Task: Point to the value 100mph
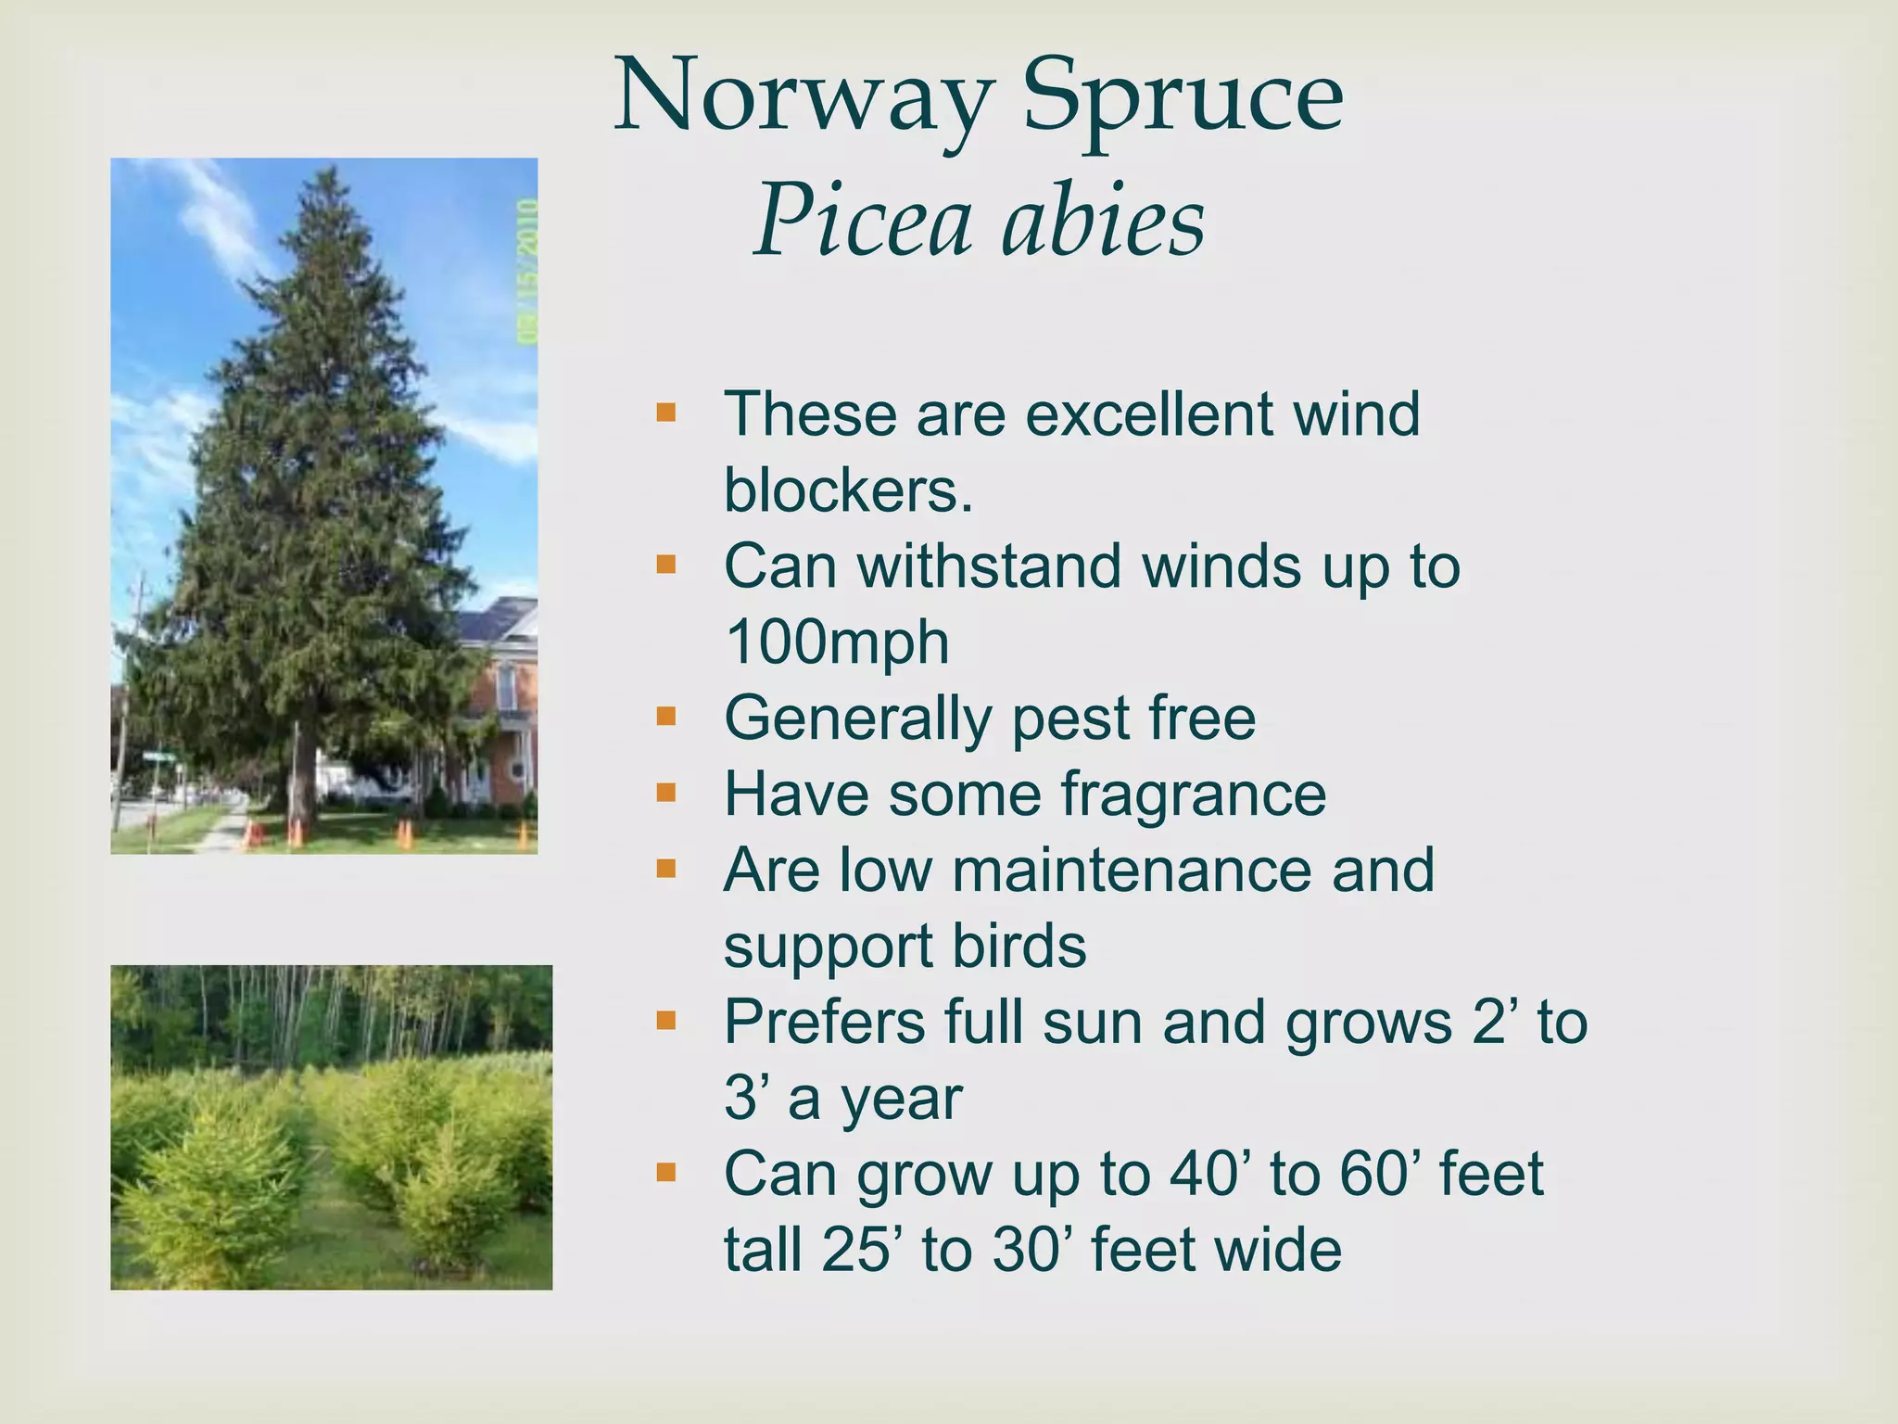[x=837, y=642]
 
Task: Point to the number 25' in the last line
[x=860, y=1250]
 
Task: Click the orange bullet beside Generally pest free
[x=665, y=716]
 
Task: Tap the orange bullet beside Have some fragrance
[x=665, y=792]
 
